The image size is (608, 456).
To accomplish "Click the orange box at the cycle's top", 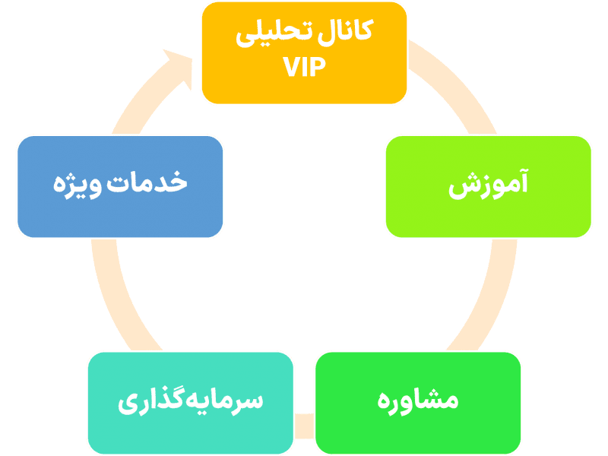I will click(x=304, y=53).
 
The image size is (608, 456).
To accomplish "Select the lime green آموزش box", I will click(x=488, y=186).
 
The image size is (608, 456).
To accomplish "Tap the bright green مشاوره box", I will click(x=418, y=401).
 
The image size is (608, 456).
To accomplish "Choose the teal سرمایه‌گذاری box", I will click(x=190, y=401).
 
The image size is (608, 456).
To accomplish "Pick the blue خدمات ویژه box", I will click(x=120, y=186).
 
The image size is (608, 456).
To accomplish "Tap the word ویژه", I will click(x=81, y=185).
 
